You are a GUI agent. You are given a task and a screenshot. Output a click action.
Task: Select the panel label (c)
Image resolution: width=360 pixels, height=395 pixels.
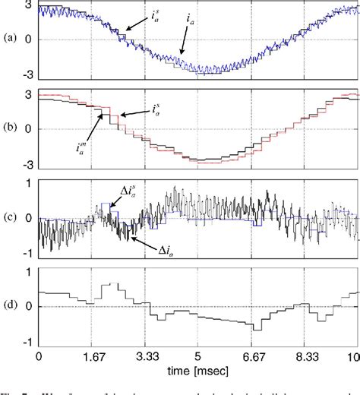[10, 219]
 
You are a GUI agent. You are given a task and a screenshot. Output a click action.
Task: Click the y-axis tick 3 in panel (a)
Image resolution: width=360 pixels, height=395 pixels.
[28, 5]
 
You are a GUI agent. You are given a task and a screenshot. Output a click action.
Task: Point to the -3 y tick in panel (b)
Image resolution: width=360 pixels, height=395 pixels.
[26, 164]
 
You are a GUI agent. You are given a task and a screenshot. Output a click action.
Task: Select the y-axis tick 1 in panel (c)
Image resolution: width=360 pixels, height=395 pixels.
[28, 182]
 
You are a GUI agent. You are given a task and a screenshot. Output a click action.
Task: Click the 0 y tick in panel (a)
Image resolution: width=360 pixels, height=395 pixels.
[28, 39]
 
